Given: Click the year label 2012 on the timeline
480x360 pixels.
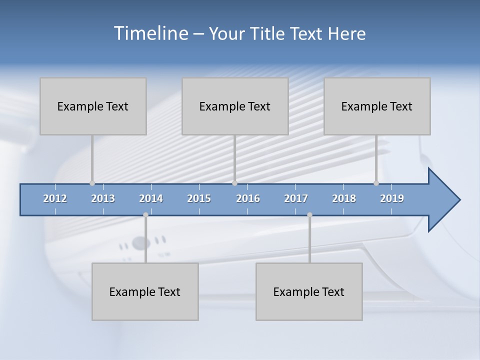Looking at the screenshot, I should [55, 198].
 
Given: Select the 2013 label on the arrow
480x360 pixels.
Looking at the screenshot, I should [103, 198].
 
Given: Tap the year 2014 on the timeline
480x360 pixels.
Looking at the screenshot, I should [151, 198].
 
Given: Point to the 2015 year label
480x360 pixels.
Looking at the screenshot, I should [199, 198].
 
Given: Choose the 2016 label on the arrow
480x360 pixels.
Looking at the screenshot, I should [248, 198].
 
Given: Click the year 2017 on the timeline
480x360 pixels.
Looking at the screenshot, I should [296, 198].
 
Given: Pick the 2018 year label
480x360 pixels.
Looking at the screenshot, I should [344, 198].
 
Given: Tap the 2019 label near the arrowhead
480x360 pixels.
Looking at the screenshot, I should [392, 198].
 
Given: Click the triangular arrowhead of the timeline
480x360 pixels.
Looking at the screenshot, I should [443, 200].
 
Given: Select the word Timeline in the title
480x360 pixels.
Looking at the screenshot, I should [150, 33].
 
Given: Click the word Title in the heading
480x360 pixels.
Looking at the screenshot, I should [270, 33].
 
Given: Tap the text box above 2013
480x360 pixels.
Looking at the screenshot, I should [93, 106].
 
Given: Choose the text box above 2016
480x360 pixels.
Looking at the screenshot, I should [235, 106].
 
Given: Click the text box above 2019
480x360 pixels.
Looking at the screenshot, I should [377, 106].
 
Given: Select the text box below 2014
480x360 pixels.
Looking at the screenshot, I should [145, 291].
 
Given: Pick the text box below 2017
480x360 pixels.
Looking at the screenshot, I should [309, 291].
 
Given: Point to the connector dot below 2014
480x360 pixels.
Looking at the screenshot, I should [145, 215].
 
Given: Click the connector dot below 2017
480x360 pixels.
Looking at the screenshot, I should [309, 215].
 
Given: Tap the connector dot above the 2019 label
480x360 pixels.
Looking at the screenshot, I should [376, 183].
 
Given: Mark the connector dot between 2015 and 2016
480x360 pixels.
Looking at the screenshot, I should [234, 183].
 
